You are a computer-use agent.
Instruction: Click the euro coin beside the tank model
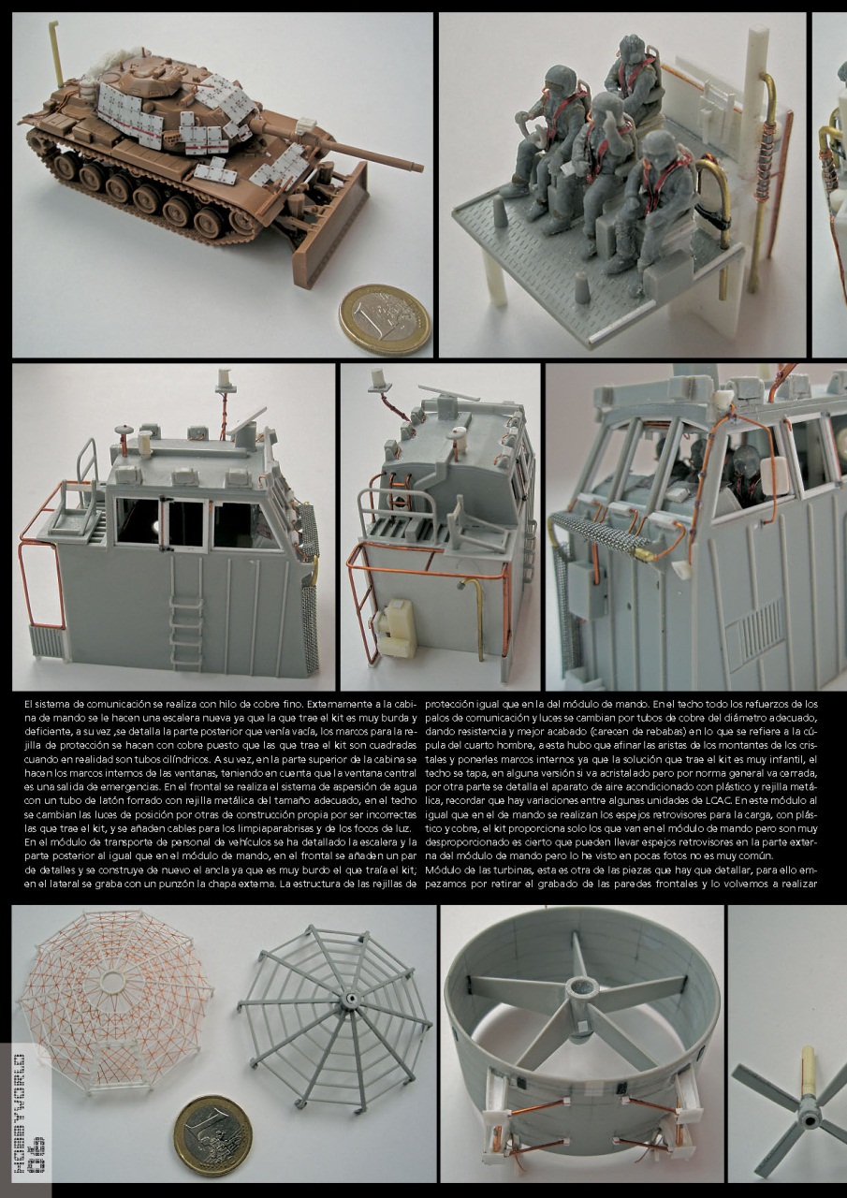coord(384,319)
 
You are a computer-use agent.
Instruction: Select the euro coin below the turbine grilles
coord(212,1134)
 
